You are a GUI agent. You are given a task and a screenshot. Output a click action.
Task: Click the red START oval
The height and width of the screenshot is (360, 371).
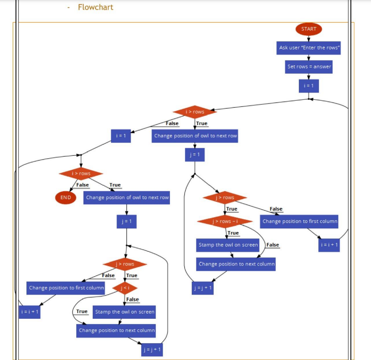309,29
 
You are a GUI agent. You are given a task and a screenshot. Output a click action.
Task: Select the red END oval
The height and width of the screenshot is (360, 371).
66,197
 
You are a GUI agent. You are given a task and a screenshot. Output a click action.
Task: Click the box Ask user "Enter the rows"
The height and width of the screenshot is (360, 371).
309,48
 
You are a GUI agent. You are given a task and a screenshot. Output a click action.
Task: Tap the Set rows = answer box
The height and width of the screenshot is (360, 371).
309,67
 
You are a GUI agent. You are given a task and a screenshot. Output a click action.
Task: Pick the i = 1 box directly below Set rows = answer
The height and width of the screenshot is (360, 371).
309,86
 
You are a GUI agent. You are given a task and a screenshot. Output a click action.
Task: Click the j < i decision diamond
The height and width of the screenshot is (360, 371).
125,288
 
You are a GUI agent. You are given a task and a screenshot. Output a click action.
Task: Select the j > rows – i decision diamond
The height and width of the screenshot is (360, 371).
225,221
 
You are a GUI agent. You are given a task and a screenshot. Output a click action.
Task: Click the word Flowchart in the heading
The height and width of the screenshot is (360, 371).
96,7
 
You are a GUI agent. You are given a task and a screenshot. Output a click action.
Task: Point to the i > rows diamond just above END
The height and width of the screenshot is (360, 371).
81,173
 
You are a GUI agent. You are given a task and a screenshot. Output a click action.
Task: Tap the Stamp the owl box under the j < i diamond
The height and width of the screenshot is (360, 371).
124,312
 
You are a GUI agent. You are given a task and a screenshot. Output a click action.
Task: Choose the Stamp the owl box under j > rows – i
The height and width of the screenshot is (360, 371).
228,245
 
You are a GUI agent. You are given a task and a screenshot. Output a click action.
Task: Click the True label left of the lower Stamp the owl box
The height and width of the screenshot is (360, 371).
82,312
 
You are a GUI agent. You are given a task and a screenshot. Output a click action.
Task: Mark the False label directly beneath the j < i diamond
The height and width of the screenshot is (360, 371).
132,299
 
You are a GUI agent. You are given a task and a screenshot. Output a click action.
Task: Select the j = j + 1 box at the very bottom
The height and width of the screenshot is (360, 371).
152,350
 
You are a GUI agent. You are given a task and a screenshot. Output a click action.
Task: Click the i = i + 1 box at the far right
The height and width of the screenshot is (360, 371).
329,245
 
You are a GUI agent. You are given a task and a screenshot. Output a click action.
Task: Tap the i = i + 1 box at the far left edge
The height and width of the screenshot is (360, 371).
30,312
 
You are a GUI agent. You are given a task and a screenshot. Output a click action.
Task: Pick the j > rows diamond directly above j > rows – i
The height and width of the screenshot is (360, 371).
225,197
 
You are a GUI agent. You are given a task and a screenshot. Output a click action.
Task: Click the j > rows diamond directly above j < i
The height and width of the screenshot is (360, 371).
125,264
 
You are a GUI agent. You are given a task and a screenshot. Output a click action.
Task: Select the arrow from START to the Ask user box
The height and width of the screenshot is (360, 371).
309,38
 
